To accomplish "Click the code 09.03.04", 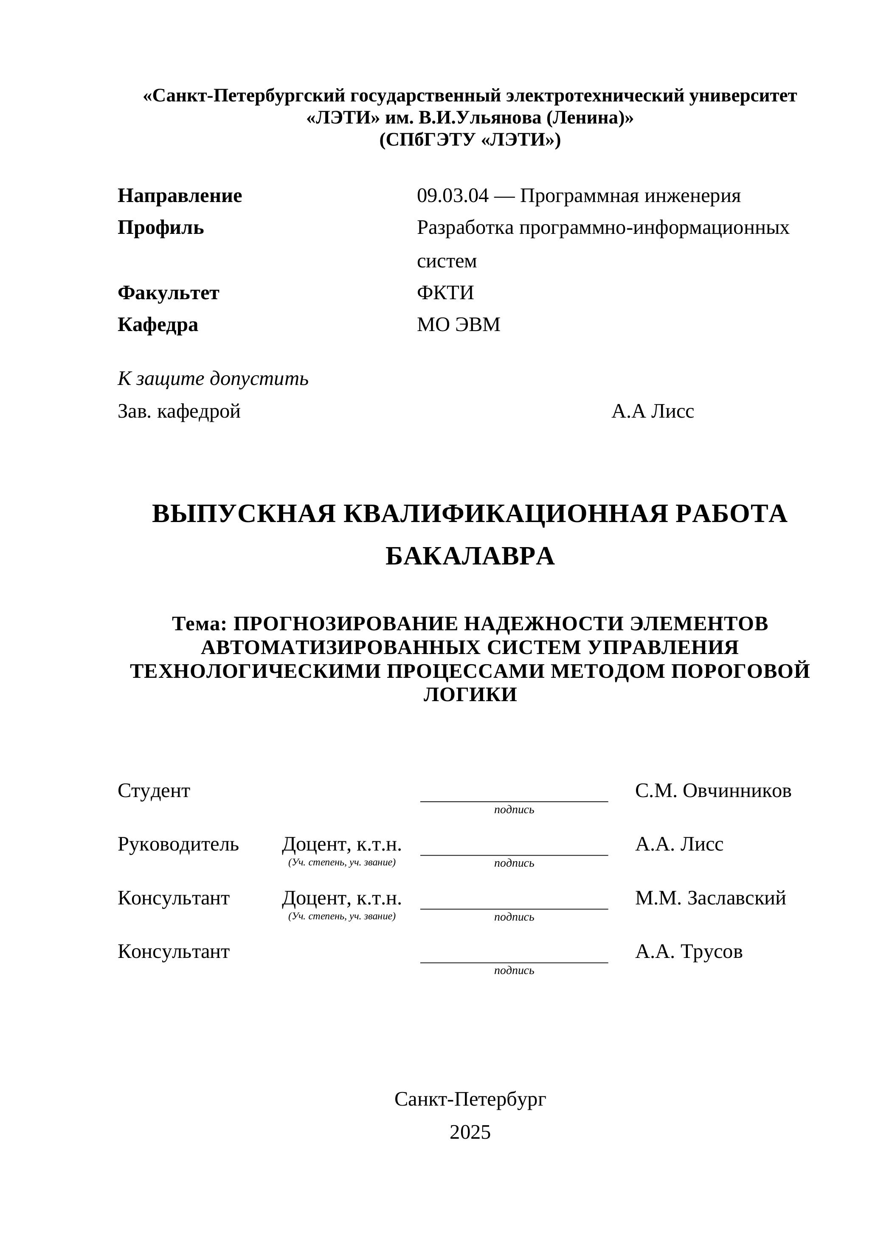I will [452, 196].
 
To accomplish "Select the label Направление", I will [180, 196].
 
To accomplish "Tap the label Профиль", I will [160, 228].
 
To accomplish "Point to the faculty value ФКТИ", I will [445, 293].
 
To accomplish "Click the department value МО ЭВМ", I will [459, 325].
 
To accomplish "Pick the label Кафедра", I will [158, 325].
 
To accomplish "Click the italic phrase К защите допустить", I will [213, 379].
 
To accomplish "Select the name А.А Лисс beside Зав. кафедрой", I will [653, 411].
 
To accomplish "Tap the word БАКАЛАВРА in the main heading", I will [470, 556].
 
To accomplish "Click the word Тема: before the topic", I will [200, 624].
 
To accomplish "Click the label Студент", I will [154, 791].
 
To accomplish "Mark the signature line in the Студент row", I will [514, 800].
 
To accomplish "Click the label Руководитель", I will [178, 844].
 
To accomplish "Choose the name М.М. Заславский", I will [710, 898].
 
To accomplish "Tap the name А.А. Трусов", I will [688, 951].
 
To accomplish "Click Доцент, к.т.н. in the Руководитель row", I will [342, 844].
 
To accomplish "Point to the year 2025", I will [470, 1132].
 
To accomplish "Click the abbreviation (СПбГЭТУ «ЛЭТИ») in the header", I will [470, 140].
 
